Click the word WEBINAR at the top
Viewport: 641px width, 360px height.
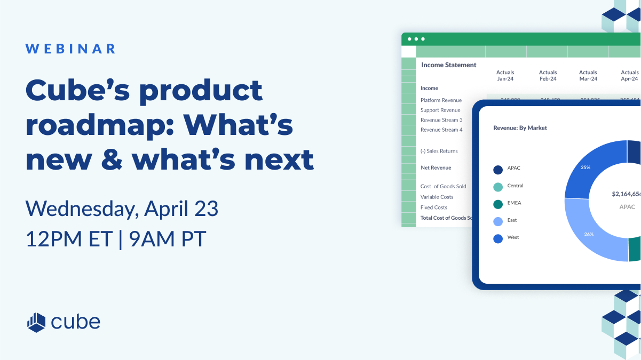(x=70, y=49)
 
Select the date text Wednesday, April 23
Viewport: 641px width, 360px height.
(x=122, y=209)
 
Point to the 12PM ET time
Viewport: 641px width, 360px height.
(x=69, y=239)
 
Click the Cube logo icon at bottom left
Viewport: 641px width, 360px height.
(x=37, y=322)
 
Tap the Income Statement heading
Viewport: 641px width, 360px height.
(x=448, y=65)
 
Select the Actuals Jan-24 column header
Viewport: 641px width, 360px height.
(x=505, y=76)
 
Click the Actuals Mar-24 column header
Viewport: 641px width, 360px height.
(x=588, y=76)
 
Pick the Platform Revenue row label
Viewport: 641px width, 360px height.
(x=441, y=100)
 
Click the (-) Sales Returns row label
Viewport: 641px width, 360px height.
(x=439, y=151)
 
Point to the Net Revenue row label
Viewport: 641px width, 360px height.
(x=436, y=167)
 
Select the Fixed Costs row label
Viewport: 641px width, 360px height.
(x=433, y=207)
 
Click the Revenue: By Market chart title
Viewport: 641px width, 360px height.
(x=520, y=128)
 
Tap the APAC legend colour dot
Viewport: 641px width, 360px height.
(x=498, y=170)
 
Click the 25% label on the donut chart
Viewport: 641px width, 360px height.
(x=585, y=167)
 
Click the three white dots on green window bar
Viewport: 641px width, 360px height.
(x=416, y=39)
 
